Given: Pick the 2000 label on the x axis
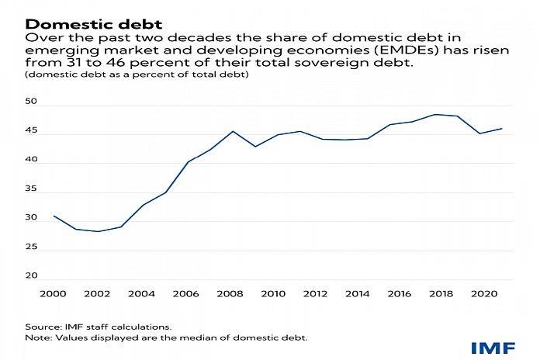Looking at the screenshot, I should pyautogui.click(x=54, y=295).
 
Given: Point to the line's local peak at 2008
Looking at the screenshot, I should pyautogui.click(x=233, y=131).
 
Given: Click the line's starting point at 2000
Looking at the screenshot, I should pyautogui.click(x=54, y=216).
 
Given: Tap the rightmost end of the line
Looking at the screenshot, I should pyautogui.click(x=502, y=129).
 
